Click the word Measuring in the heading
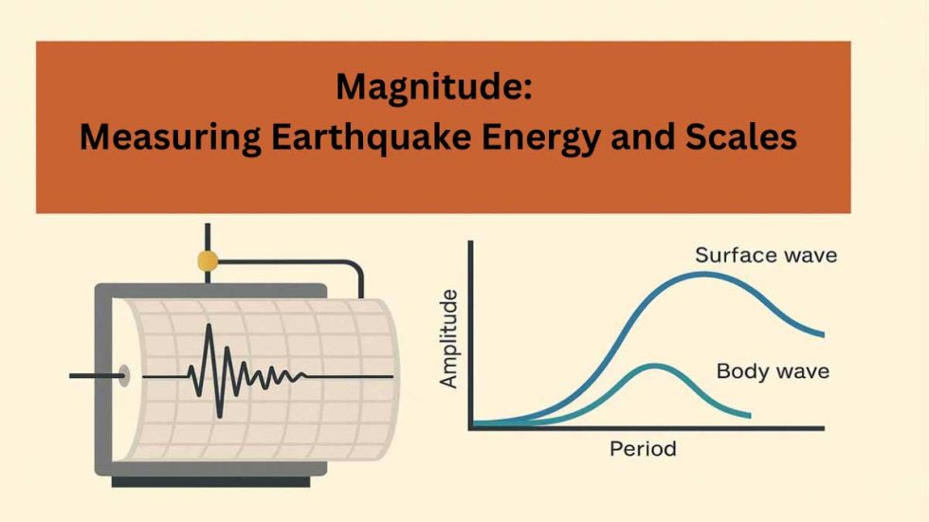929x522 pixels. pyautogui.click(x=169, y=138)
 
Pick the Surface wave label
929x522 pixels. pyautogui.click(x=766, y=255)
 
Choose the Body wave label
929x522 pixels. pyautogui.click(x=773, y=370)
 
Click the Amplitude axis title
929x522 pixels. pyautogui.click(x=449, y=338)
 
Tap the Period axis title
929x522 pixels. pyautogui.click(x=643, y=448)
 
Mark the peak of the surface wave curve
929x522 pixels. pyautogui.click(x=701, y=274)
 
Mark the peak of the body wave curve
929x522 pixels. pyautogui.click(x=653, y=366)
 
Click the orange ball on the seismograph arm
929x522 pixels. pyautogui.click(x=207, y=261)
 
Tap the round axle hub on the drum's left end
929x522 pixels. pyautogui.click(x=123, y=375)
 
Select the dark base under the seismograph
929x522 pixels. pyautogui.click(x=210, y=481)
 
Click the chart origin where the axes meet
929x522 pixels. pyautogui.click(x=471, y=428)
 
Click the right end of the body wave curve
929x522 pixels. pyautogui.click(x=749, y=415)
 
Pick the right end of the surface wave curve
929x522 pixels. pyautogui.click(x=822, y=333)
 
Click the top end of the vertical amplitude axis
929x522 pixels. pyautogui.click(x=471, y=243)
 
